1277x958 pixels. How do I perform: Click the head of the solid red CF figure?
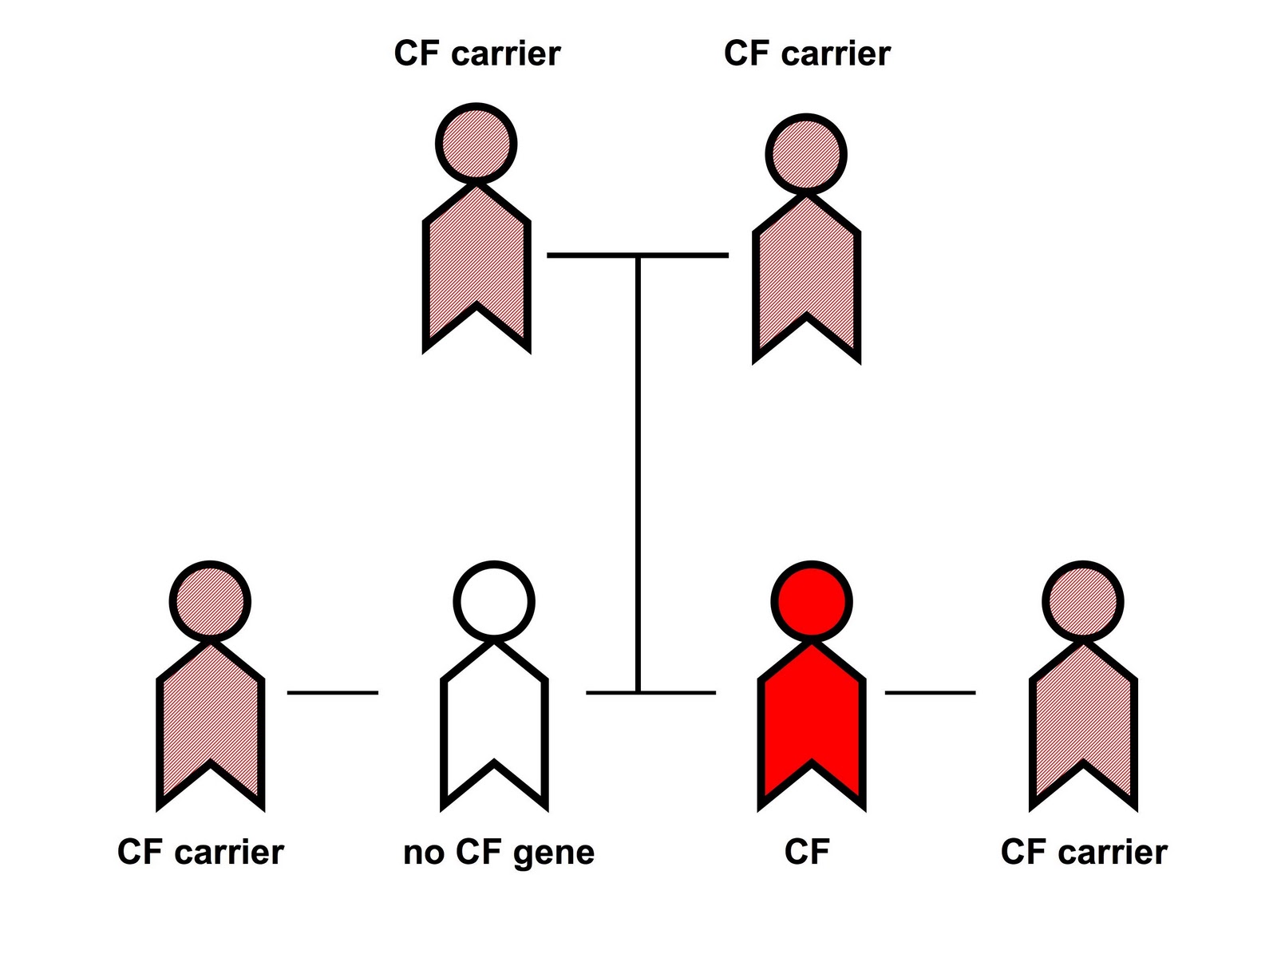pos(812,602)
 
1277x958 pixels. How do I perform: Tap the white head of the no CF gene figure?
pos(494,602)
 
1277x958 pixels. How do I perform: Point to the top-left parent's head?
pos(476,144)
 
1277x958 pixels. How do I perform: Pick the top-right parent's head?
pos(806,155)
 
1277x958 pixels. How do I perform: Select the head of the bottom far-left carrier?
pos(211,602)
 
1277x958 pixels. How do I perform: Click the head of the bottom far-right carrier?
pos(1083,602)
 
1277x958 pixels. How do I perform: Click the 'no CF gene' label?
pos(499,853)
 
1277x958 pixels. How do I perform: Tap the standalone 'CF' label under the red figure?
pos(807,853)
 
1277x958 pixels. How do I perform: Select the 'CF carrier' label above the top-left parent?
pos(477,53)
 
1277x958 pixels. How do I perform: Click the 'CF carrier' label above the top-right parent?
pos(807,53)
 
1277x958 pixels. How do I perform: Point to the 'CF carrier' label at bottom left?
pos(200,853)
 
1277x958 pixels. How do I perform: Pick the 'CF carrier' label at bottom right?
pos(1084,853)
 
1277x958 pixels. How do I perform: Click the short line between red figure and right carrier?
pos(930,692)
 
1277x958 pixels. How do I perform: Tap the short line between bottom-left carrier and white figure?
pos(332,692)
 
